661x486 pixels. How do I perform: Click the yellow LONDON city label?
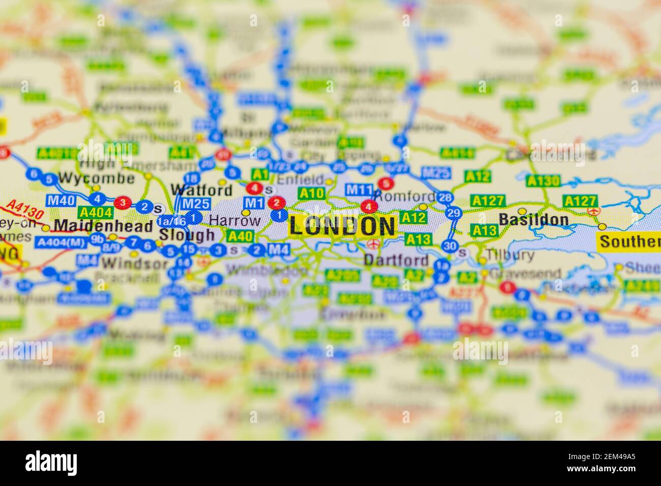point(343,226)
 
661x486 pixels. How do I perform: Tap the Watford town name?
point(201,191)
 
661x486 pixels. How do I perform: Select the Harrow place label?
point(235,221)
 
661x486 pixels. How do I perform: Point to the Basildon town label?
point(533,220)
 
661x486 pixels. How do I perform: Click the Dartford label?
point(396,260)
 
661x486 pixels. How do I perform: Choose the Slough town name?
point(187,235)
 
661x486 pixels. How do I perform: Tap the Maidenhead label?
point(103,225)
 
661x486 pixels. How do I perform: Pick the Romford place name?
point(405,196)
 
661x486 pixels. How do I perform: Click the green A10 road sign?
point(311,193)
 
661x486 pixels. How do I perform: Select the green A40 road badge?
point(239,236)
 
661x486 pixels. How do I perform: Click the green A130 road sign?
point(543,181)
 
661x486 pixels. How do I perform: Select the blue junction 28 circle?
point(445,197)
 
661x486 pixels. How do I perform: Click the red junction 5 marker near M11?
point(386,184)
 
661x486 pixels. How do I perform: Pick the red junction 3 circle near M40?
point(122,203)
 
